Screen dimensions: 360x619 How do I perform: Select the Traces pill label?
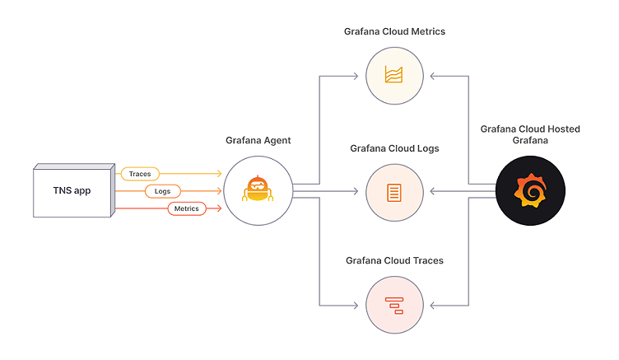point(139,174)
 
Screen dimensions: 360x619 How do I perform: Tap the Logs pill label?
point(163,191)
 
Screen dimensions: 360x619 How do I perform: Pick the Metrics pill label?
point(187,208)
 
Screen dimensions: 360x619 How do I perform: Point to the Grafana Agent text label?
point(258,141)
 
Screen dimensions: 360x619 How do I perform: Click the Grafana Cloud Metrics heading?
point(394,31)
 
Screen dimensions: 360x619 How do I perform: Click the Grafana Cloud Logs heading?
point(394,148)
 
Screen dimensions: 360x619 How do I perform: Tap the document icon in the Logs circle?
point(395,192)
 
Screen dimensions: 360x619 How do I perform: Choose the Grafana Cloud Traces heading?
point(394,260)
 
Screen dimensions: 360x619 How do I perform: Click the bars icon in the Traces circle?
point(395,305)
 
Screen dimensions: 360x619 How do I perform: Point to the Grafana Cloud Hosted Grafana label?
point(529,134)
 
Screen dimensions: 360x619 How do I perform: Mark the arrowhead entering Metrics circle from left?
point(356,77)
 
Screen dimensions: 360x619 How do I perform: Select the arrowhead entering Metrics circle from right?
point(434,77)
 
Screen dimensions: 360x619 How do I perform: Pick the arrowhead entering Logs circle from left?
point(356,192)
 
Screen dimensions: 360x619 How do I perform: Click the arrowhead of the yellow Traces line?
point(219,174)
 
